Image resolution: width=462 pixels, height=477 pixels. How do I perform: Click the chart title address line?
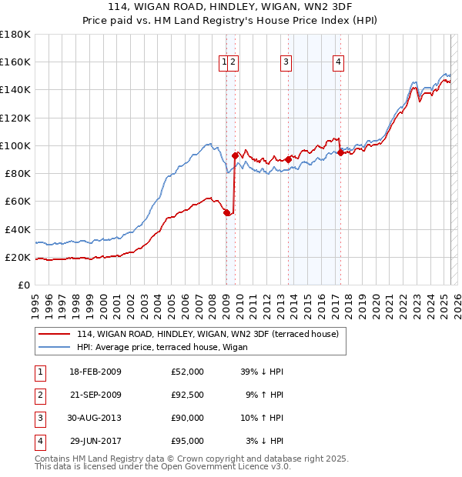(230, 7)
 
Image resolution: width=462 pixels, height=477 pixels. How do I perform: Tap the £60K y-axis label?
(17, 201)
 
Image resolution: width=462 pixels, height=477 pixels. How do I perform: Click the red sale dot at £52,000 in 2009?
(226, 212)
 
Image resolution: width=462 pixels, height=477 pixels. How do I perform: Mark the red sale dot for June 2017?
(340, 152)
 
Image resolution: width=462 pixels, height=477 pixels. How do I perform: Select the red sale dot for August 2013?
(289, 159)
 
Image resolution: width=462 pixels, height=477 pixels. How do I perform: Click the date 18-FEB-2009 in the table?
(95, 372)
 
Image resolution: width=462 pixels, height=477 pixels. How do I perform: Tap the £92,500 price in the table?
(187, 394)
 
